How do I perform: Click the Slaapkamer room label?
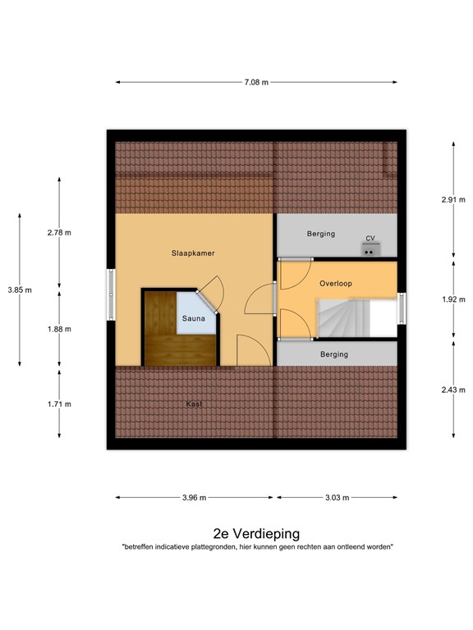coord(193,253)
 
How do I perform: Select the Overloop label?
coord(335,283)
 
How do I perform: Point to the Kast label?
coord(195,404)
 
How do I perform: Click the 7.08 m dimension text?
coord(255,82)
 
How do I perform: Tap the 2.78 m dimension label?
coord(59,233)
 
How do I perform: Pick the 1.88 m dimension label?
coord(59,329)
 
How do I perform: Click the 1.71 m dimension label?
coord(59,404)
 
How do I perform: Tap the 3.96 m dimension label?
coord(195,497)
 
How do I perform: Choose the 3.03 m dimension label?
coord(337,497)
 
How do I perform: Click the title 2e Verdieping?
coord(256,532)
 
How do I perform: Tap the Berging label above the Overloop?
coord(321,234)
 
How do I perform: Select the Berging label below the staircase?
coord(333,354)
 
